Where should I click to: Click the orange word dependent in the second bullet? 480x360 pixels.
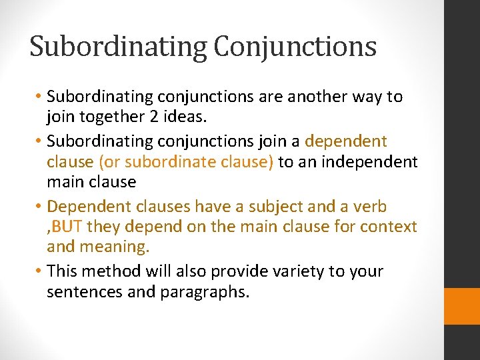345,141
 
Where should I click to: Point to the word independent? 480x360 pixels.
371,162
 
